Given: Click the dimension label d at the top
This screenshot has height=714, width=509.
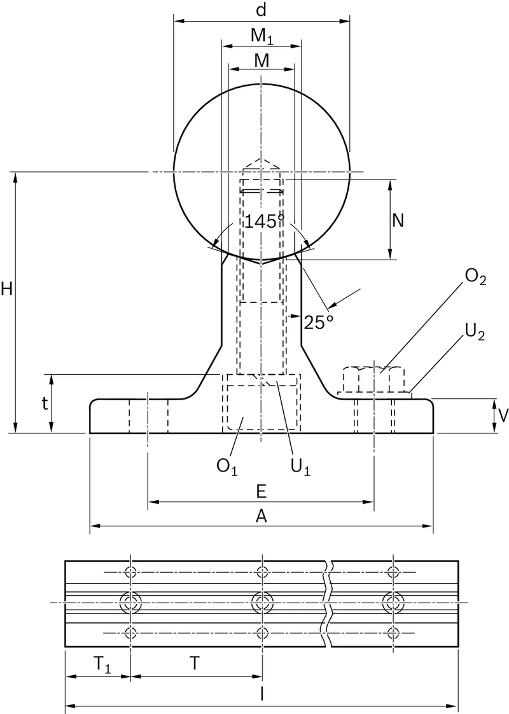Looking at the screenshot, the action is (261, 10).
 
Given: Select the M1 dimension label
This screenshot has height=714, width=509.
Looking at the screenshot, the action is (261, 36).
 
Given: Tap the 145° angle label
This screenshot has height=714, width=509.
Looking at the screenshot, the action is (265, 221).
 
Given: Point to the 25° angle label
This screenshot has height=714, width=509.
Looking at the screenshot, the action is (319, 323).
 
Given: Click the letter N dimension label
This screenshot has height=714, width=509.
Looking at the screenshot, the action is (398, 220).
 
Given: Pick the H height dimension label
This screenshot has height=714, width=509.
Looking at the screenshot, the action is (7, 289).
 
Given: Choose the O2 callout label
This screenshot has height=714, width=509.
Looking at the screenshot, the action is (475, 277).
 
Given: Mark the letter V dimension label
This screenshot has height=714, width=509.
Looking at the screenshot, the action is (503, 416).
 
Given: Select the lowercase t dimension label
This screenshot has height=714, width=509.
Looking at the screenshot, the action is (45, 403).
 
